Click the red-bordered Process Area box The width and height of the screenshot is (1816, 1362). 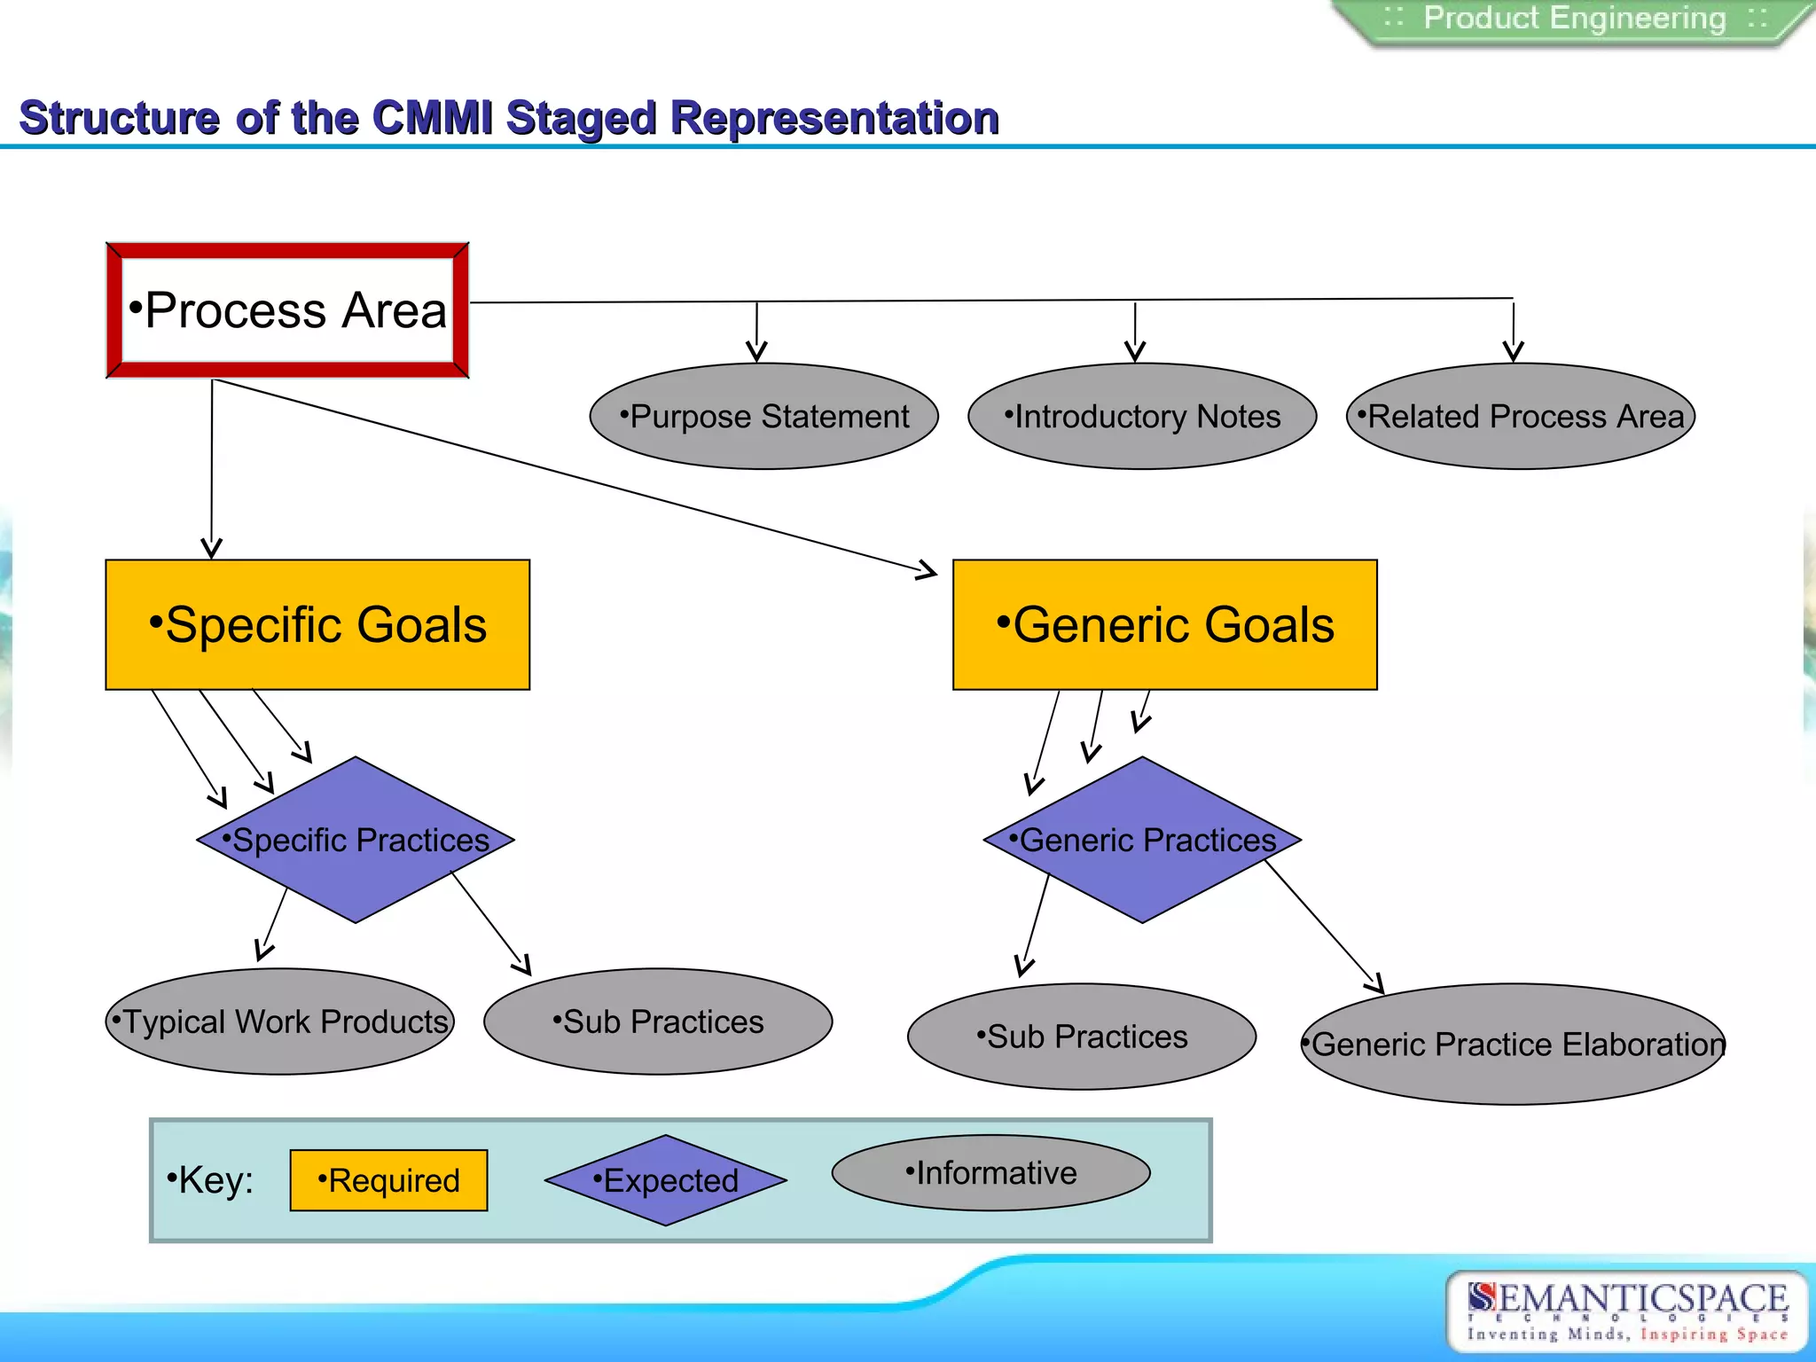287,310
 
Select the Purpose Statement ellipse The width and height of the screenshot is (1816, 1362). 764,416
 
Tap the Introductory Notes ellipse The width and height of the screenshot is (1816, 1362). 1142,416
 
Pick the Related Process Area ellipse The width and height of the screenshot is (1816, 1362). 1521,416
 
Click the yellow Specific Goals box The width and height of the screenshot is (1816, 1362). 317,624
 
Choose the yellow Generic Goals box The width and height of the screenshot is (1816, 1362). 1164,624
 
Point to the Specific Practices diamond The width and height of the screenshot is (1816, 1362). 356,840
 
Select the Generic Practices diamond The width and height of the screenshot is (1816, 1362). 1142,840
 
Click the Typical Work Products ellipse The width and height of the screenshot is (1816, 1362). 280,1021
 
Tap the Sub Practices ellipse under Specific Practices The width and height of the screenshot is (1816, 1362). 658,1021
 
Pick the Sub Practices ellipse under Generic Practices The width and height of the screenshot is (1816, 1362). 1082,1037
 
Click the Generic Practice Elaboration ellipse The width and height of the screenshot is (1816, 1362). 1514,1044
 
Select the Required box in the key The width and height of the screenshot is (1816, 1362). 388,1180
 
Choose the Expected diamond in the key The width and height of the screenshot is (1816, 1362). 665,1180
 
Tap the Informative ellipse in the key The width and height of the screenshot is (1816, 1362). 990,1172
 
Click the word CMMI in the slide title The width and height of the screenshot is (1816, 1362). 432,118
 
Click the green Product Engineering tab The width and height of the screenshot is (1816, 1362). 1574,20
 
